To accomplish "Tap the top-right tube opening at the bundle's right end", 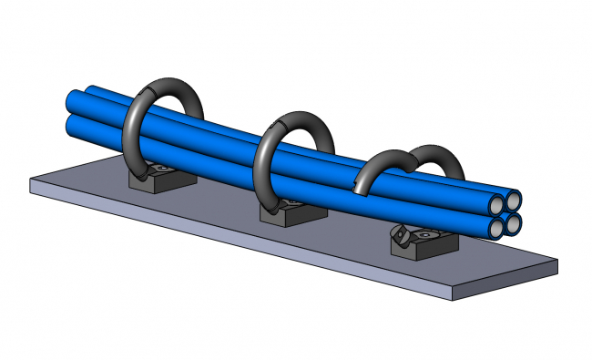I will pyautogui.click(x=514, y=199).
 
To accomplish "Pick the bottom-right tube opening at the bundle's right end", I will pyautogui.click(x=515, y=221).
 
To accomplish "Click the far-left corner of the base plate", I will pyautogui.click(x=33, y=180).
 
